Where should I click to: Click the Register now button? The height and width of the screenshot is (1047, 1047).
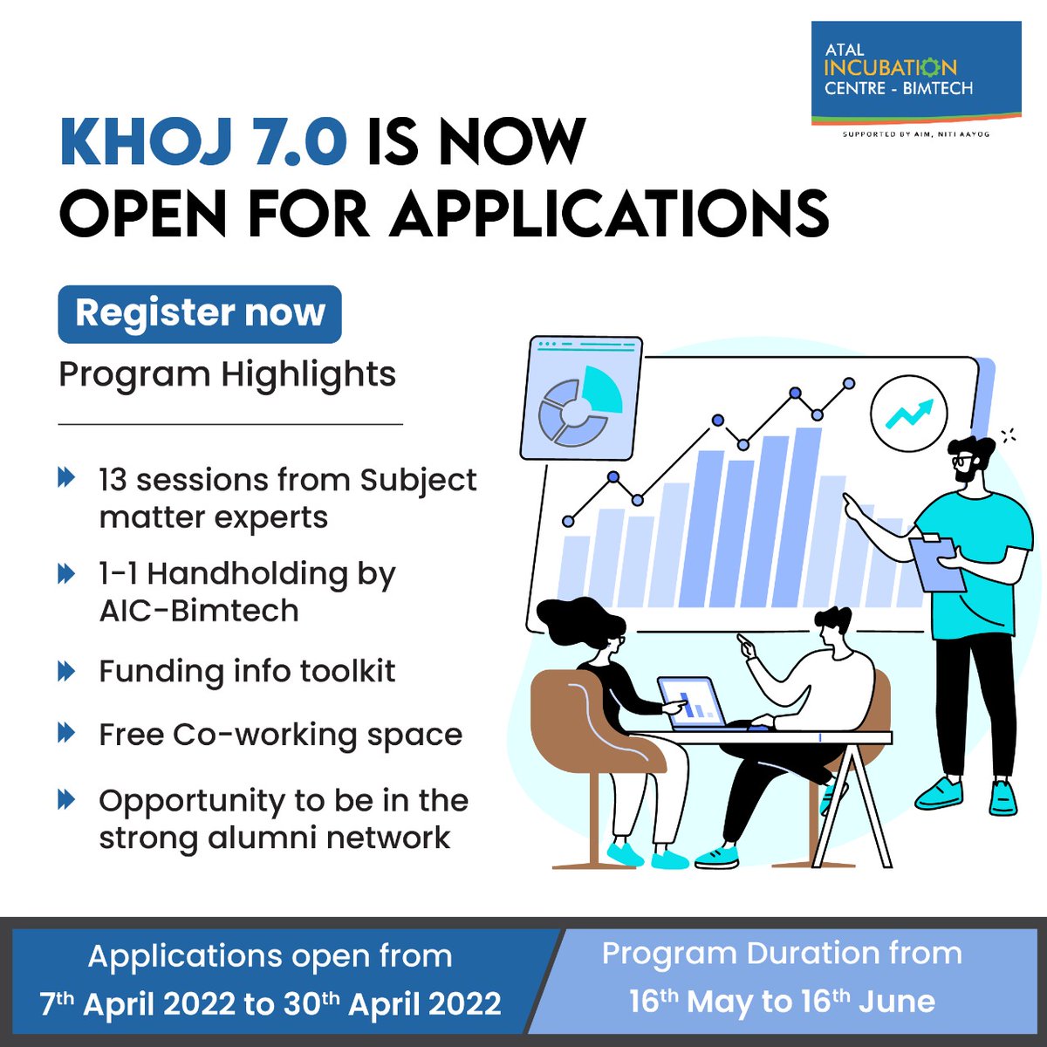tap(200, 313)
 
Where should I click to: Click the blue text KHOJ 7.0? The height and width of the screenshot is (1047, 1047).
tap(202, 142)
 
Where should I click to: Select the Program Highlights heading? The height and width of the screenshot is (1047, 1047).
tap(227, 374)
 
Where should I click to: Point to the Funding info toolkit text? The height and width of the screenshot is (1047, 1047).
tap(247, 671)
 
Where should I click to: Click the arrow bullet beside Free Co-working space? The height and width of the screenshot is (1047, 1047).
tap(67, 732)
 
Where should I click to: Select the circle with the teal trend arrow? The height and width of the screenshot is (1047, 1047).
tap(908, 414)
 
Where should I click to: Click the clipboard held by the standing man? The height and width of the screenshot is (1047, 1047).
tap(937, 563)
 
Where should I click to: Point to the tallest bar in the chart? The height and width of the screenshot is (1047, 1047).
tap(807, 515)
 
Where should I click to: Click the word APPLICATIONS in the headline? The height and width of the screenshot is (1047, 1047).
tap(609, 214)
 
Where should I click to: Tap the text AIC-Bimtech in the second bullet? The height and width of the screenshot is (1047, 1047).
tap(199, 611)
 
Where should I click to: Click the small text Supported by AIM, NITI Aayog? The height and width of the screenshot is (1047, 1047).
tap(915, 134)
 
